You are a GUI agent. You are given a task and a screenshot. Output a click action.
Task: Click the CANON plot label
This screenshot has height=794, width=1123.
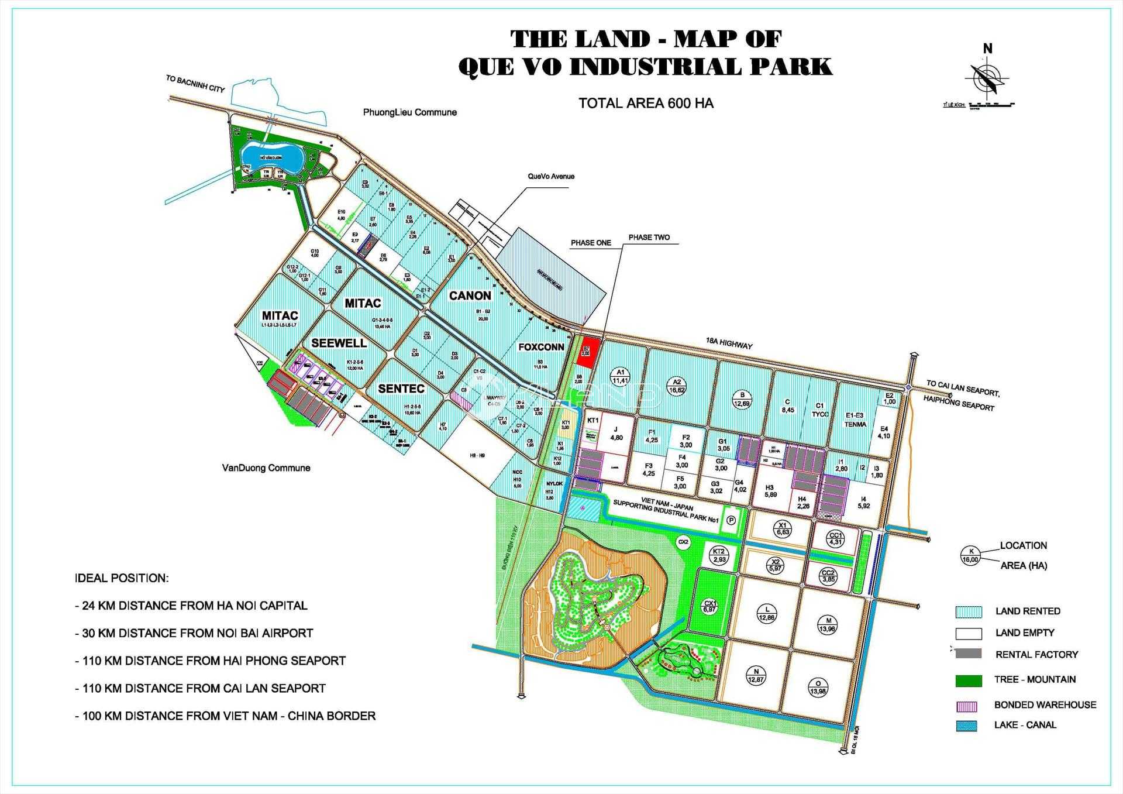pyautogui.click(x=470, y=296)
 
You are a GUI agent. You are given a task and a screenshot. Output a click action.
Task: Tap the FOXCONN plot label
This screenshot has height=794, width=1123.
pyautogui.click(x=541, y=347)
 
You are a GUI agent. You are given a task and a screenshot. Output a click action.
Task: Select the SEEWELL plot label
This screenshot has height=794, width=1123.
pyautogui.click(x=339, y=343)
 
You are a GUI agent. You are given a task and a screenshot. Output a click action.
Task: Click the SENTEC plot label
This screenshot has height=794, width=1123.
pyautogui.click(x=401, y=389)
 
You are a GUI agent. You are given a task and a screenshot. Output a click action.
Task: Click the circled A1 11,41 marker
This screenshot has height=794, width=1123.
pyautogui.click(x=620, y=376)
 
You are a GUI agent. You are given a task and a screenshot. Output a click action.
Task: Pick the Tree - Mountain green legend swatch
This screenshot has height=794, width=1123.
pyautogui.click(x=968, y=680)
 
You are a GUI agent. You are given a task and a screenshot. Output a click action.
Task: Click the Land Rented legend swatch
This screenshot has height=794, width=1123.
pyautogui.click(x=968, y=612)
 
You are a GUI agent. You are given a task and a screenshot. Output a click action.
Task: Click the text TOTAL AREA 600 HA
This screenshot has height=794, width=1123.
pyautogui.click(x=646, y=104)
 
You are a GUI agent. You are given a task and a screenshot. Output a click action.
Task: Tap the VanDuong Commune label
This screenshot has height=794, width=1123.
pyautogui.click(x=266, y=468)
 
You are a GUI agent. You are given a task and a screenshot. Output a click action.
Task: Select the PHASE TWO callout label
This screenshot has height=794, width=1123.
pyautogui.click(x=649, y=238)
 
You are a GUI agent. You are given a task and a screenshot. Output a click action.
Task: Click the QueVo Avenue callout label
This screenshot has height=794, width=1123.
pyautogui.click(x=550, y=176)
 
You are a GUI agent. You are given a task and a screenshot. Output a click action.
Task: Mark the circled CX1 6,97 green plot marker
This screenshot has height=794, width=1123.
pyautogui.click(x=709, y=606)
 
